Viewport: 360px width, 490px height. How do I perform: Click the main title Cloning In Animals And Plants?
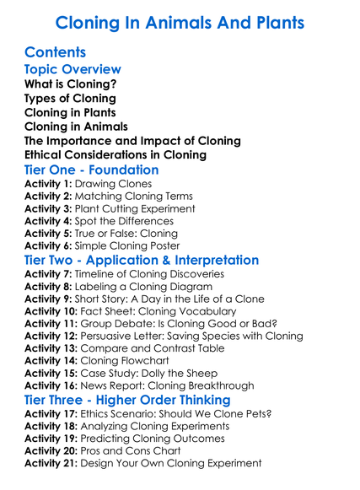[180, 22]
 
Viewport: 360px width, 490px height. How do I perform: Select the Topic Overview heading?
[73, 69]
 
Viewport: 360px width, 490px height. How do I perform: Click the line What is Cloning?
[71, 84]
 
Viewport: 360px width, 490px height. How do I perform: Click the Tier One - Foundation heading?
[91, 170]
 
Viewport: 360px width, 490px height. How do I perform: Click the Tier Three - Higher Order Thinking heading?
[126, 400]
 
